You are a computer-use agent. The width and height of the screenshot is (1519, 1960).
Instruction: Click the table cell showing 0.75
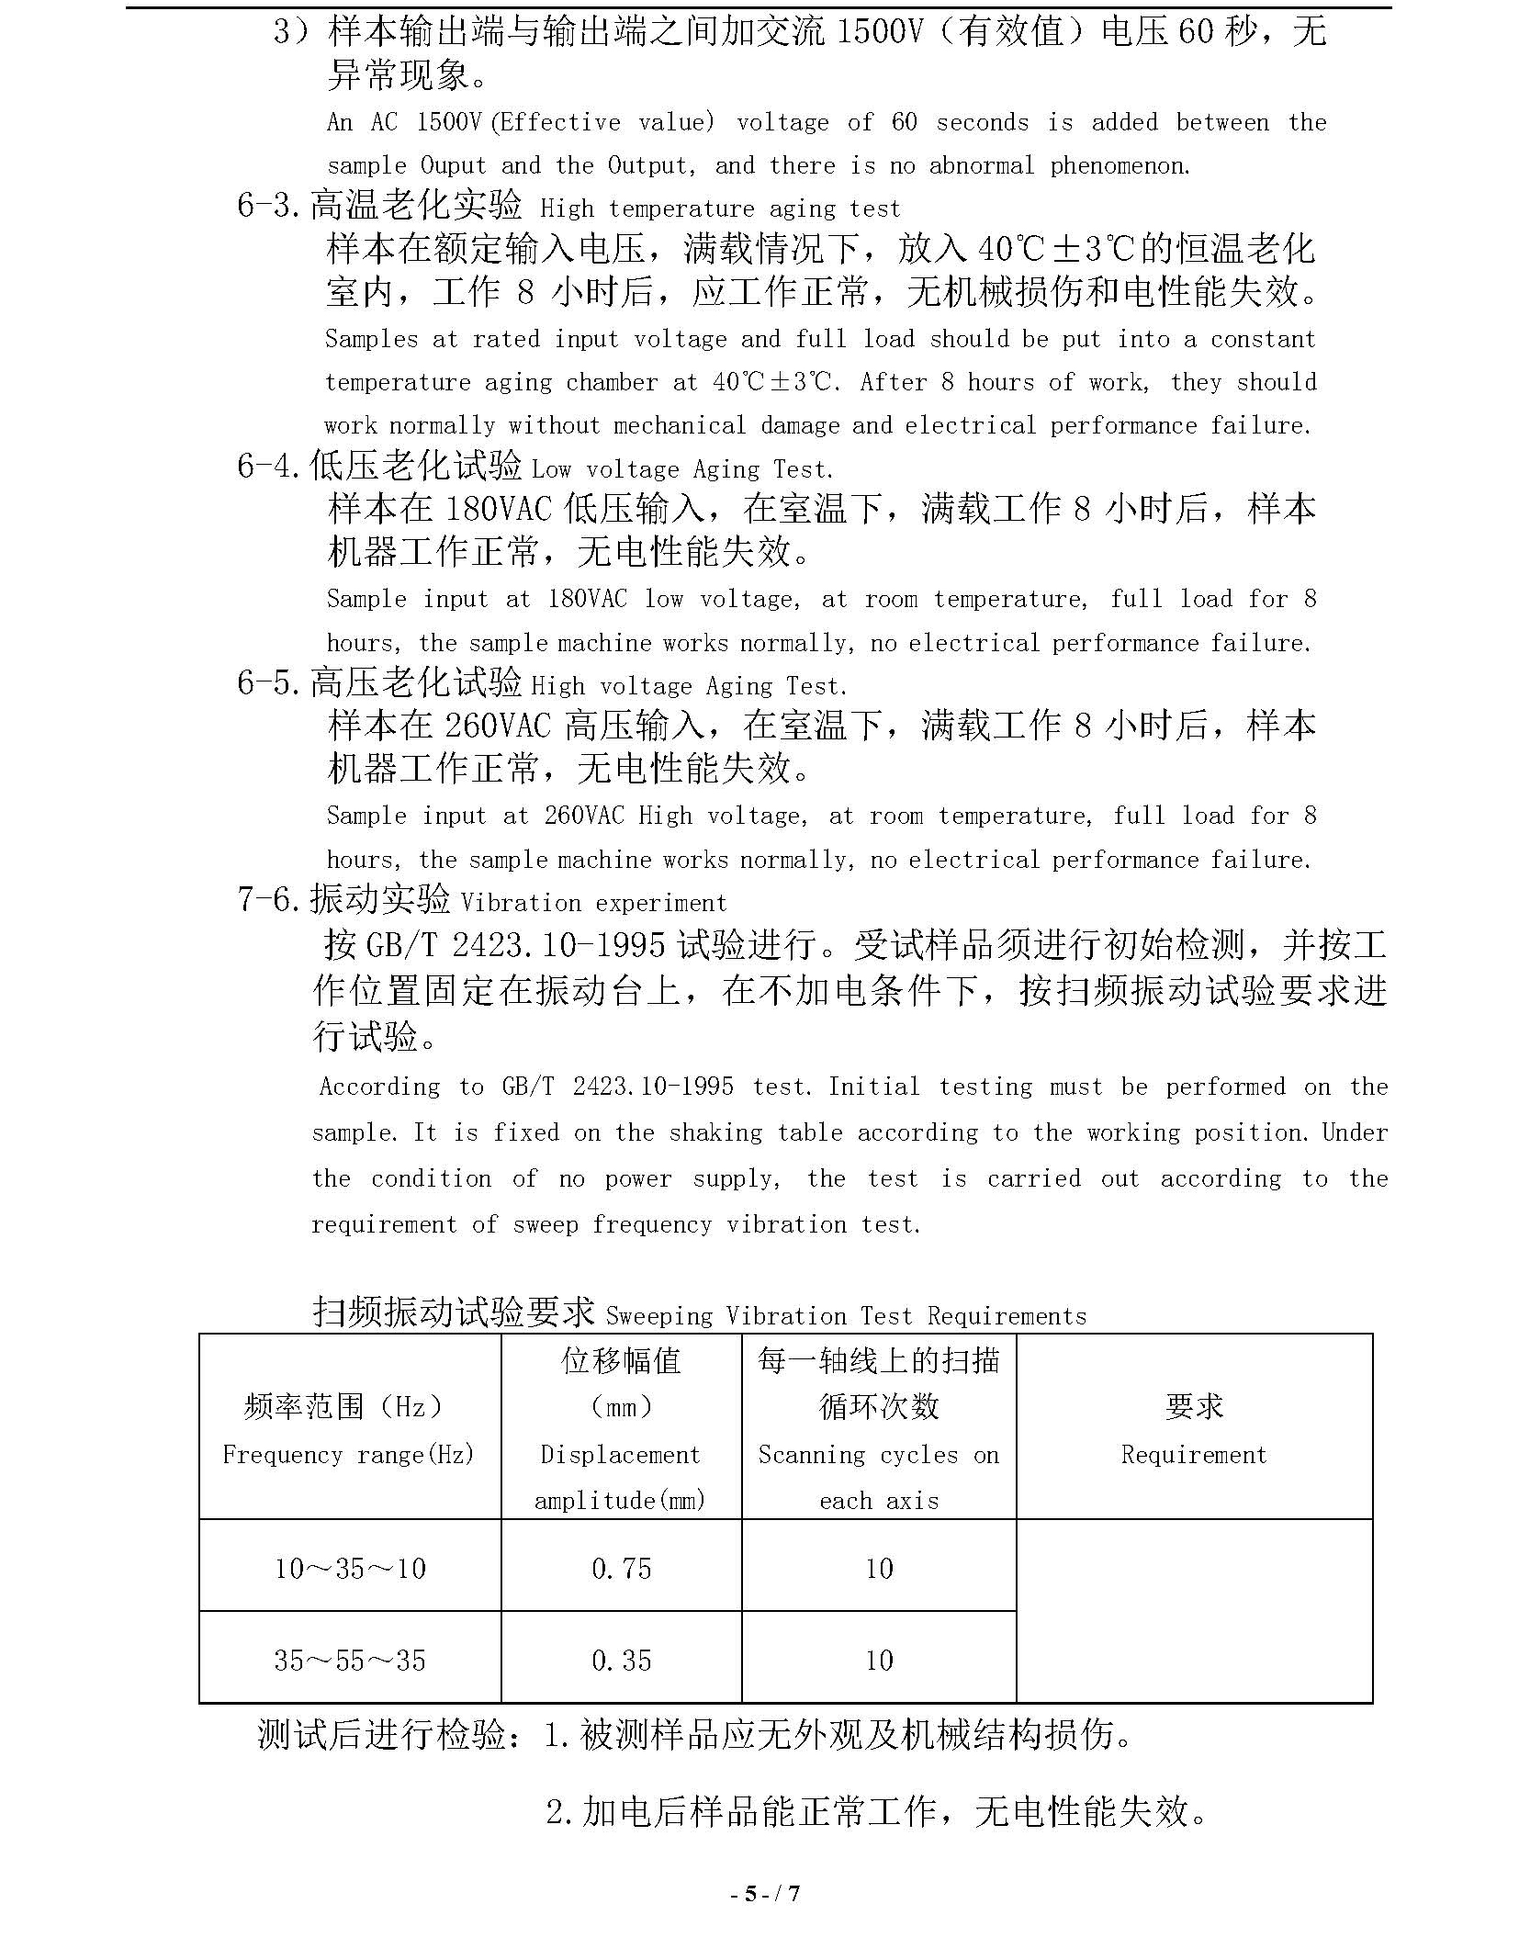click(621, 1568)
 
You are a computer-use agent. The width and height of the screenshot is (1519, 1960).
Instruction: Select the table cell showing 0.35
click(621, 1660)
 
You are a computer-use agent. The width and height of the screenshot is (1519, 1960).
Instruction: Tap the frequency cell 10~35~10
click(350, 1568)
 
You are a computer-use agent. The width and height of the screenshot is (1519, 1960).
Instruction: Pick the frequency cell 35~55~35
click(350, 1660)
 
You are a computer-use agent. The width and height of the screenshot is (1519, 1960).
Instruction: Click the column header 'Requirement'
click(1193, 1455)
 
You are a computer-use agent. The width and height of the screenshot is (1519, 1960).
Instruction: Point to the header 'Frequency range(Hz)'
click(349, 1455)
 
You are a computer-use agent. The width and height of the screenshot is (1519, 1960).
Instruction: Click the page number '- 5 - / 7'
click(765, 1892)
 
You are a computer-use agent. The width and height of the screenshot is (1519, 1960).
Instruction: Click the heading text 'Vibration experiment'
click(593, 903)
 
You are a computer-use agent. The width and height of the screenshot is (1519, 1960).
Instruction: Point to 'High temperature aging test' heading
click(720, 209)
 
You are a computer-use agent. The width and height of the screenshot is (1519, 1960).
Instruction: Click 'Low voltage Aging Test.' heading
click(682, 469)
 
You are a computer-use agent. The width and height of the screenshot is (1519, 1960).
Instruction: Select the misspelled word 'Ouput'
click(453, 165)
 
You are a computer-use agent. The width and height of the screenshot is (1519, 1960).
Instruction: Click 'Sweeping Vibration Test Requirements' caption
click(846, 1315)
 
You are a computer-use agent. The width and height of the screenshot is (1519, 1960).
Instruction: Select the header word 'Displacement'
click(620, 1455)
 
